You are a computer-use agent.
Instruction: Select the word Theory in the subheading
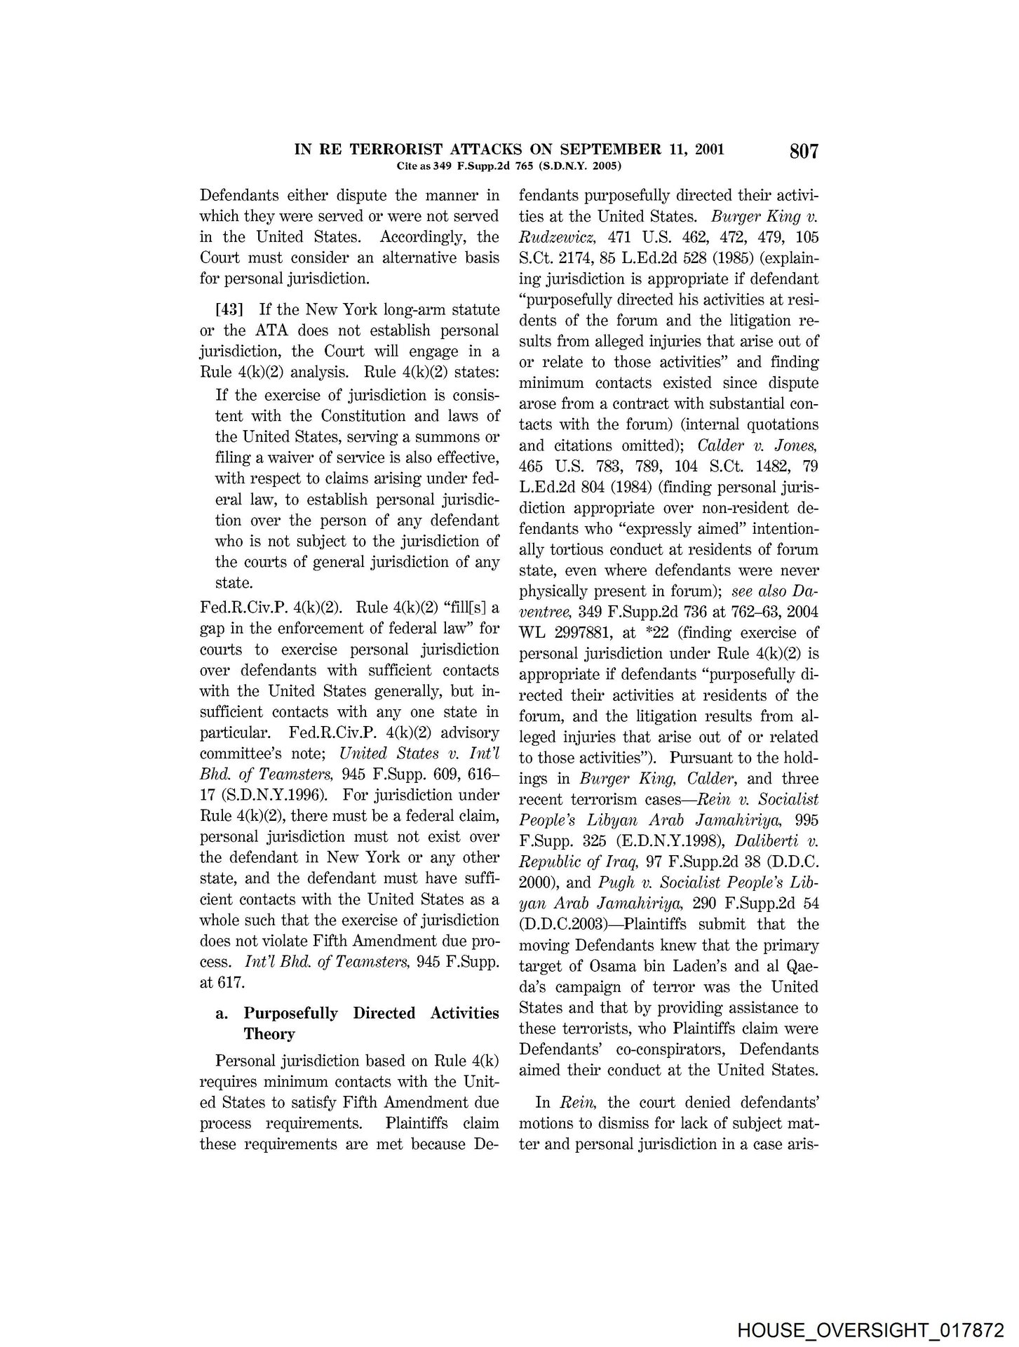[269, 1034]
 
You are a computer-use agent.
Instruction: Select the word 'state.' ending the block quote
[233, 583]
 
